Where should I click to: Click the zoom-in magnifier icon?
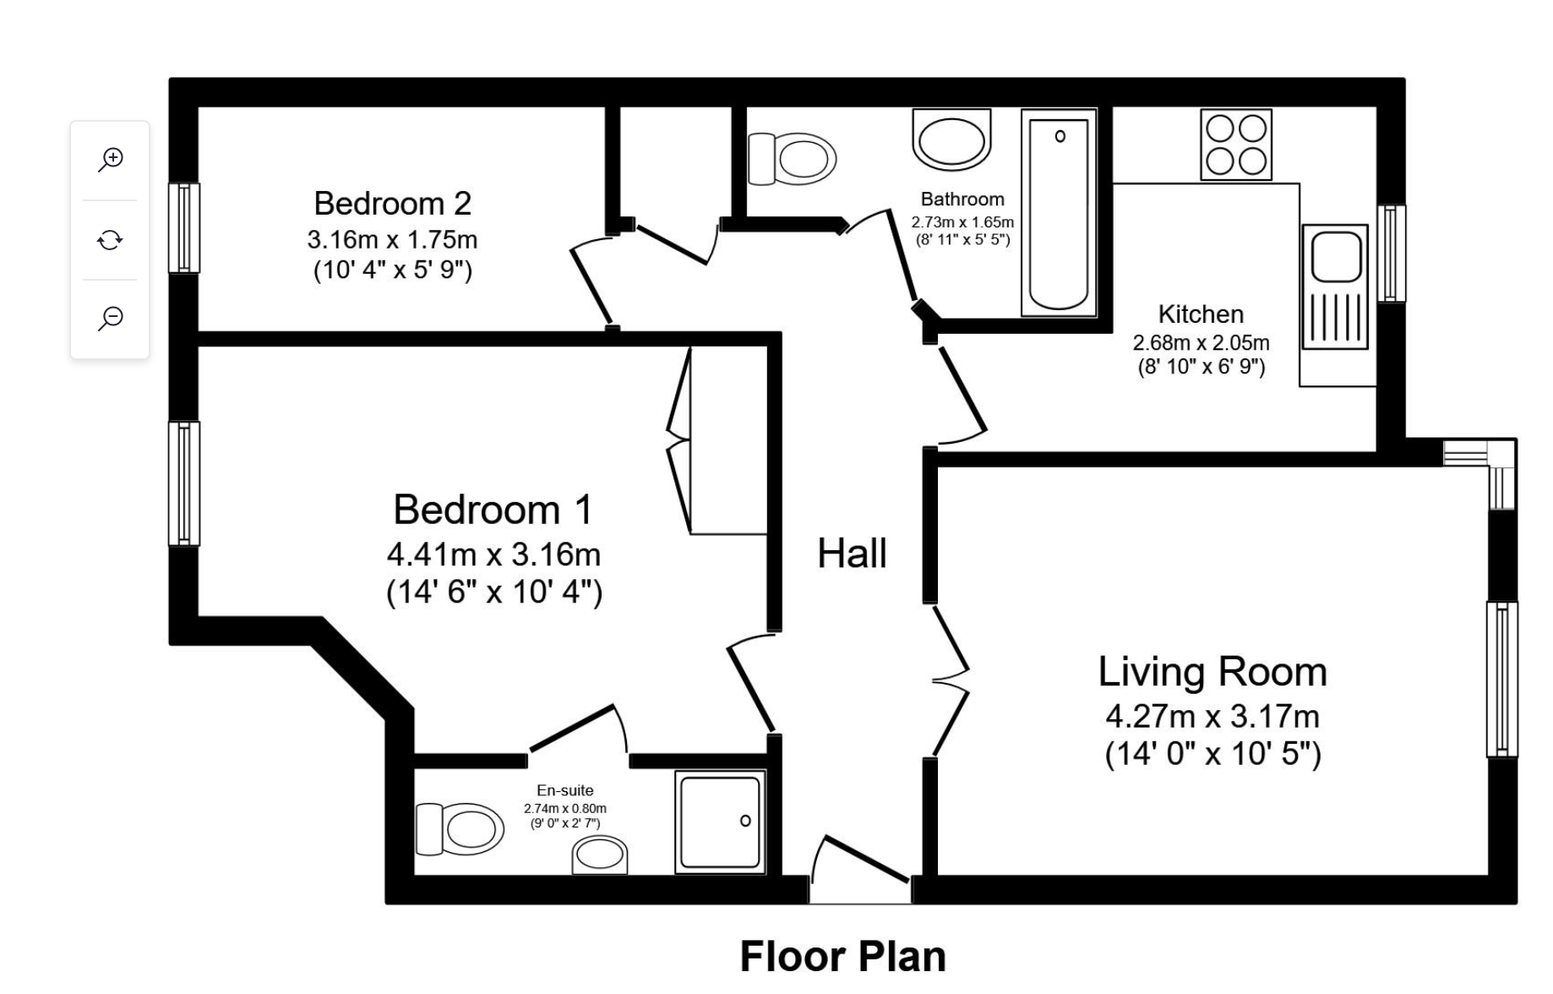click(x=111, y=159)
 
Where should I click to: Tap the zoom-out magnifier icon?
click(x=111, y=318)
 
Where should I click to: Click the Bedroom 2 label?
click(x=392, y=204)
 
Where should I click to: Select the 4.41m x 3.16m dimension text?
click(x=493, y=555)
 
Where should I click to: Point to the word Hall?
click(x=852, y=554)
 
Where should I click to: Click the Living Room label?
click(x=1212, y=672)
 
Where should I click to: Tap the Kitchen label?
click(x=1201, y=314)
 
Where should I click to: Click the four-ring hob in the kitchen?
click(x=1236, y=145)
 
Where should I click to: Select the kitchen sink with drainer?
click(x=1335, y=287)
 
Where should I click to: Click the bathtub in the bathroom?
click(x=1059, y=212)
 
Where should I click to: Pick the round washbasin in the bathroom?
click(x=951, y=141)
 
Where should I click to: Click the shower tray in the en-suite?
click(x=720, y=822)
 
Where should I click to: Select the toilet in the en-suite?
click(x=460, y=828)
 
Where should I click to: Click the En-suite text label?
click(x=564, y=790)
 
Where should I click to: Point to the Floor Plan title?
click(x=842, y=957)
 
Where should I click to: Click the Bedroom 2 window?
click(x=183, y=227)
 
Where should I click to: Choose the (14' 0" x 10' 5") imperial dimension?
click(x=1212, y=753)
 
